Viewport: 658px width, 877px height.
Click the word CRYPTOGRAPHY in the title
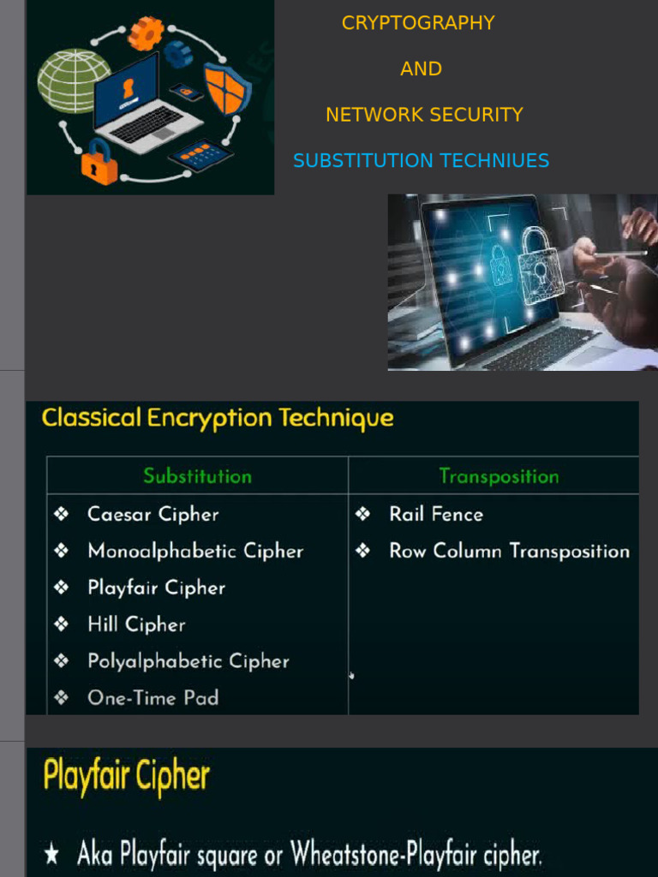(x=418, y=23)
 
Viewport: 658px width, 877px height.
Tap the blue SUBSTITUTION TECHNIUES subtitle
(x=421, y=160)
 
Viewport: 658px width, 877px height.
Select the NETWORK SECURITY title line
(x=424, y=115)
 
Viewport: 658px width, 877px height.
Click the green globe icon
(x=74, y=81)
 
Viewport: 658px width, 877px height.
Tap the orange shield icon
(x=226, y=88)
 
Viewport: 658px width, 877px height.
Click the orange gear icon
(x=146, y=33)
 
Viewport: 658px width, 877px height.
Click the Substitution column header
(x=197, y=476)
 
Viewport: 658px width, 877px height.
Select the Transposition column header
(x=499, y=476)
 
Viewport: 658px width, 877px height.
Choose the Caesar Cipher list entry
(x=153, y=514)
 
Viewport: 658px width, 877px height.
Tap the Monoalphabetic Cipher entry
(x=195, y=551)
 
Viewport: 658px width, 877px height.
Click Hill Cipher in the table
(x=136, y=624)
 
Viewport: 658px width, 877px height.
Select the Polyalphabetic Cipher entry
(x=188, y=661)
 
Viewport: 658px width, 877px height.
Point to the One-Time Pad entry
(x=153, y=698)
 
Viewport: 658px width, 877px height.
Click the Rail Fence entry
(x=436, y=514)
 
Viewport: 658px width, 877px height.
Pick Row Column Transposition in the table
(x=509, y=551)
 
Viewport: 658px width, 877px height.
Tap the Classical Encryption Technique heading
(x=218, y=419)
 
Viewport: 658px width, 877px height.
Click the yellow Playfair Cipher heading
(x=126, y=777)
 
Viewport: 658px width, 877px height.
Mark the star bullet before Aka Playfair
(x=51, y=854)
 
